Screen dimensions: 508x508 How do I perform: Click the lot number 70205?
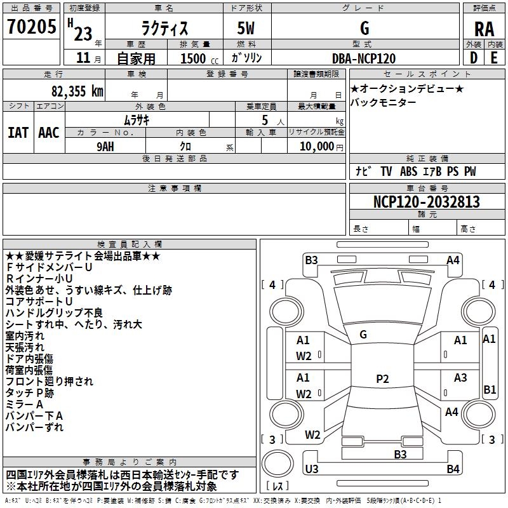(x=31, y=27)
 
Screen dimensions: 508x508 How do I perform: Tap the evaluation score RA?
(x=484, y=29)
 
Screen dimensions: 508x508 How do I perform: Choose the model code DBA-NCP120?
(x=364, y=58)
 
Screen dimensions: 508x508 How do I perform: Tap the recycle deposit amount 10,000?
(x=315, y=146)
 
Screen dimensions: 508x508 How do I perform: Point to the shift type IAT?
(x=18, y=133)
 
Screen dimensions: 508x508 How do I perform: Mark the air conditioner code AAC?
(x=49, y=133)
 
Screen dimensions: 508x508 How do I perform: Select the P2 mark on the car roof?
(x=382, y=379)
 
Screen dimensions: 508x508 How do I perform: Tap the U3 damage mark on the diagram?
(x=311, y=469)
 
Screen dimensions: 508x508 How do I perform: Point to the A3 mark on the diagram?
(x=460, y=378)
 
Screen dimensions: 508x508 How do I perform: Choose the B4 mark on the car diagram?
(x=453, y=469)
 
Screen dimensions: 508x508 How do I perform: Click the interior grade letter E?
(x=493, y=58)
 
